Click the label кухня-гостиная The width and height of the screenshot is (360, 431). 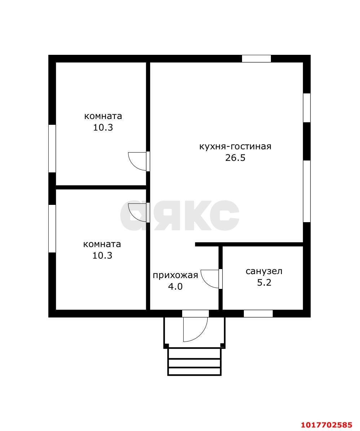coord(235,146)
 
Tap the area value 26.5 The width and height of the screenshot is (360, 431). coord(235,158)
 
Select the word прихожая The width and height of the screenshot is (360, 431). coord(175,276)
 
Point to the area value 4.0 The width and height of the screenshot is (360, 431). coord(175,287)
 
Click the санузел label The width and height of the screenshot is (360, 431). coord(264,271)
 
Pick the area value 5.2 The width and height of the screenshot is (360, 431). coord(264,282)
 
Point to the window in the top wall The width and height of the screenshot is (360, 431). coord(256,58)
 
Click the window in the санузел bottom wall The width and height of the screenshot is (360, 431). coord(258,314)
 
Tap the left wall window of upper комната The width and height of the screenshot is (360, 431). coord(52,149)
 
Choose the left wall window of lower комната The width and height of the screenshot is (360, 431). coord(52,229)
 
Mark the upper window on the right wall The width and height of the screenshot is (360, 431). coord(307,108)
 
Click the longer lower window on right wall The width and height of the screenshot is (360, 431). coord(307,191)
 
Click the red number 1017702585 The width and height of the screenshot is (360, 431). coord(326,425)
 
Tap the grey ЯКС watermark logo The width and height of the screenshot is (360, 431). coord(180,216)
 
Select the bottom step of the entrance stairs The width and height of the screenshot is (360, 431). coord(194,371)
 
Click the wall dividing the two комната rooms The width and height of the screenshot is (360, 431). coord(101,188)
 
